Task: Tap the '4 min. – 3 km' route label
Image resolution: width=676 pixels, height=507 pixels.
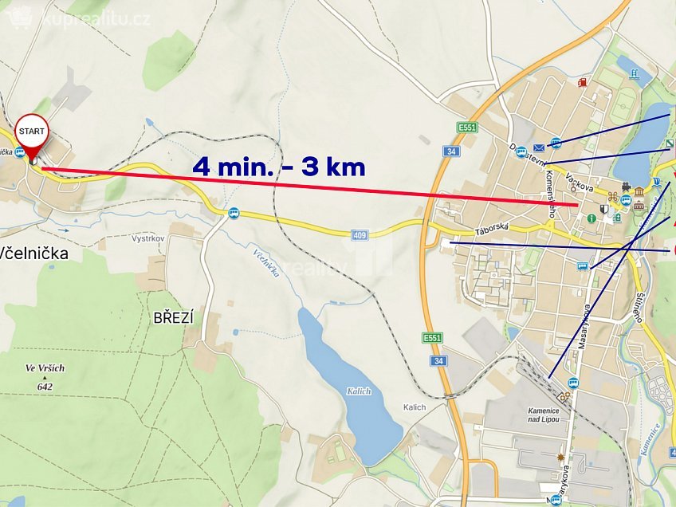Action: tap(279, 167)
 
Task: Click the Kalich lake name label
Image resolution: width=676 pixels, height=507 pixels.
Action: tap(359, 391)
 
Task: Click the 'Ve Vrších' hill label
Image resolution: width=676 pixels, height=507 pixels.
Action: tap(44, 369)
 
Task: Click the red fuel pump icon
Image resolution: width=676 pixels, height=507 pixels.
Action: tap(584, 81)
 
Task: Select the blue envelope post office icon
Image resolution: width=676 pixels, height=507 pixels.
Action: tap(540, 147)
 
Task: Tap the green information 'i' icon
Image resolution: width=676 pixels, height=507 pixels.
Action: tap(591, 218)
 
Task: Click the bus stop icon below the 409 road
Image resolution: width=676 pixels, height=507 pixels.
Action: tap(234, 213)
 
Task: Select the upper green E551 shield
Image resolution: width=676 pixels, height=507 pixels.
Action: tap(467, 127)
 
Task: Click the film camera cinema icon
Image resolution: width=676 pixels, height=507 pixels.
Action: tap(627, 188)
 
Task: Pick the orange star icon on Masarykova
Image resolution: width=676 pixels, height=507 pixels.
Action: tap(564, 458)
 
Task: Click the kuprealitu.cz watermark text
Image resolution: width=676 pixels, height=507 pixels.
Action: tap(96, 18)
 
